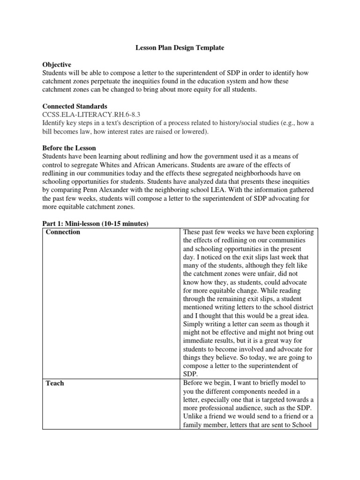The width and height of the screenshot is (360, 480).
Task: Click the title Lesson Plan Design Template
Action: point(180,48)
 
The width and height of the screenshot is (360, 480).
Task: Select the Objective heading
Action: point(57,65)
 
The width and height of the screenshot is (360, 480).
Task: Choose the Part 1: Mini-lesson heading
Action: point(96,224)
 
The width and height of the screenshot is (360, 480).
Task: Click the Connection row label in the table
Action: point(63,232)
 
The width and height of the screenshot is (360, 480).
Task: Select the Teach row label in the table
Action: point(55,383)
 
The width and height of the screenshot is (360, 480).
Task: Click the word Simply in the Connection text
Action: point(195,323)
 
